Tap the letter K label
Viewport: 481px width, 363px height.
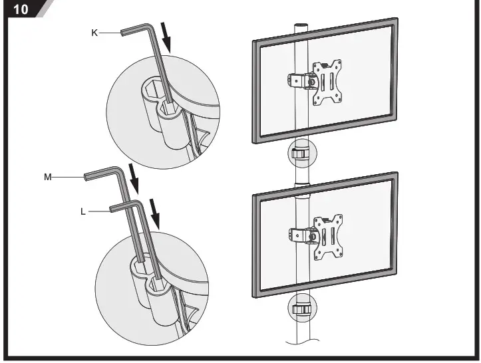click(95, 31)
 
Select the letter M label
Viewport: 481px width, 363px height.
click(47, 177)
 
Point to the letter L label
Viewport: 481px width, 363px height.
click(82, 212)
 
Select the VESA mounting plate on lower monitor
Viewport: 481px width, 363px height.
click(328, 236)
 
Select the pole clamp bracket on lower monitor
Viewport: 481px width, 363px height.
click(299, 235)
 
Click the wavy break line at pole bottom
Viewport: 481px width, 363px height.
click(303, 343)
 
